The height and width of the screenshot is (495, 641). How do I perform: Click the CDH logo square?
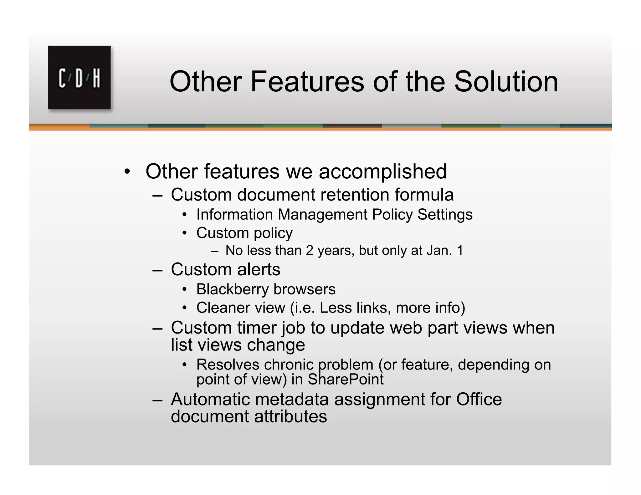pos(79,78)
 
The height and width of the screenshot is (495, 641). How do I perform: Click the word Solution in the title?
pos(506,82)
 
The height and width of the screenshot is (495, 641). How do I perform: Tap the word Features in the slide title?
pos(307,82)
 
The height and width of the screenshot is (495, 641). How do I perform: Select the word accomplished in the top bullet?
pos(382,172)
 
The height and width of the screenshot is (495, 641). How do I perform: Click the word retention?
pos(351,195)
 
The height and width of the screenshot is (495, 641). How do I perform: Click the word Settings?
pos(445,215)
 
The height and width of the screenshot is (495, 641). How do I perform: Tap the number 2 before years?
pos(309,250)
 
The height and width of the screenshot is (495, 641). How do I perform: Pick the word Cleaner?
pos(223,308)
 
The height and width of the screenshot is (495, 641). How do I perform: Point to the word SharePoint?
pos(345,379)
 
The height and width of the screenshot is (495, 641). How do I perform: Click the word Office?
pos(479,399)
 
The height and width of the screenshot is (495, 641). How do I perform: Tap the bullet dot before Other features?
pos(127,172)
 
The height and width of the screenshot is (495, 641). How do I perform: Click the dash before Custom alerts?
pos(157,269)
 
